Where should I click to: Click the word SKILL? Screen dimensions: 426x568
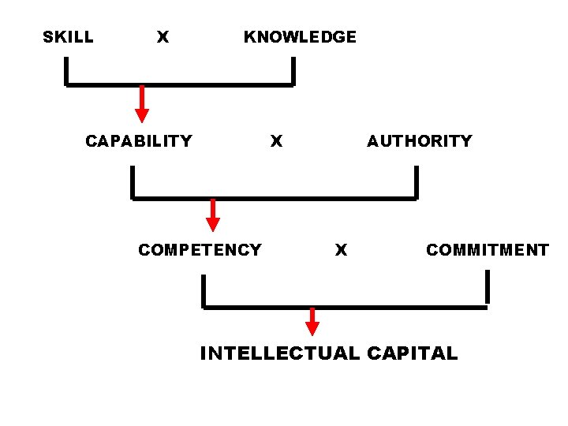pyautogui.click(x=68, y=37)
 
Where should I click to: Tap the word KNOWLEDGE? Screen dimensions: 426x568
pyautogui.click(x=300, y=37)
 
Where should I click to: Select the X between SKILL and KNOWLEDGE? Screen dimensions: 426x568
pyautogui.click(x=163, y=37)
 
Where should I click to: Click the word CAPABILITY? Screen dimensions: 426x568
pyautogui.click(x=139, y=141)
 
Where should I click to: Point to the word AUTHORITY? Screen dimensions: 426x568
pyautogui.click(x=419, y=141)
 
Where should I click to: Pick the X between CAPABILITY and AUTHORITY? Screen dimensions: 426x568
pyautogui.click(x=276, y=141)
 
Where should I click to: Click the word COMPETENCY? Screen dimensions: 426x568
pyautogui.click(x=200, y=250)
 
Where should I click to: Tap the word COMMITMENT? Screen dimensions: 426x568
pyautogui.click(x=487, y=250)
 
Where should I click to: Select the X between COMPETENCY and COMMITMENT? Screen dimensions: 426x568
pyautogui.click(x=341, y=250)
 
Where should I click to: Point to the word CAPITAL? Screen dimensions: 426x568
pyautogui.click(x=412, y=353)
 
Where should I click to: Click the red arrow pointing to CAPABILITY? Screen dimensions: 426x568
pyautogui.click(x=142, y=104)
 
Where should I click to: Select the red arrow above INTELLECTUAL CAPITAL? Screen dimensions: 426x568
pyautogui.click(x=312, y=321)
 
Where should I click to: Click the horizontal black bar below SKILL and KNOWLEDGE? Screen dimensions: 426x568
pyautogui.click(x=180, y=84)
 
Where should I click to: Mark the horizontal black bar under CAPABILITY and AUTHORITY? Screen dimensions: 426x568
pyautogui.click(x=274, y=199)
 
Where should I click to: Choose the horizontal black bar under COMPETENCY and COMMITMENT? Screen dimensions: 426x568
pyautogui.click(x=346, y=307)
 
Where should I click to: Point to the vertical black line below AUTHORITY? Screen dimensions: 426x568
pyautogui.click(x=416, y=182)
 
